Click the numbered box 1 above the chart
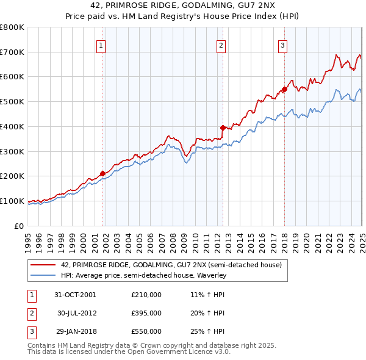[100, 45]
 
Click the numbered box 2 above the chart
[221, 45]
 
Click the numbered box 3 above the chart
[283, 45]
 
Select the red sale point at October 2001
[102, 173]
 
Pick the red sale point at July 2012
[223, 128]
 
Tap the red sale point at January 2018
[284, 89]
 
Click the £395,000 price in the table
[146, 313]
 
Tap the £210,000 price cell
[146, 295]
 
